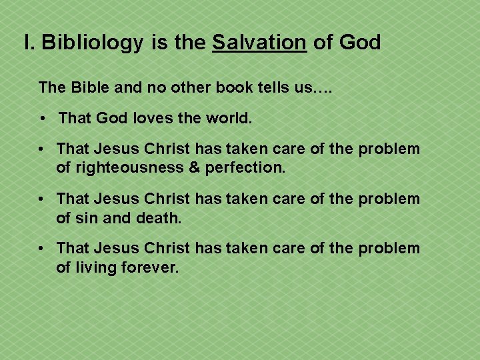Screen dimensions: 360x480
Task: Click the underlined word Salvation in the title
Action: click(x=259, y=43)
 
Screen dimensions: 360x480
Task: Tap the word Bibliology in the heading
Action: click(x=92, y=43)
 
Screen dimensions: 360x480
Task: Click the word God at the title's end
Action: click(x=359, y=43)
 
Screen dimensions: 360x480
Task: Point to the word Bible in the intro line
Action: click(x=89, y=87)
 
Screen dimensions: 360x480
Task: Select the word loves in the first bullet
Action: click(x=157, y=119)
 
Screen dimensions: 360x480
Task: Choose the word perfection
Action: click(x=245, y=168)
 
